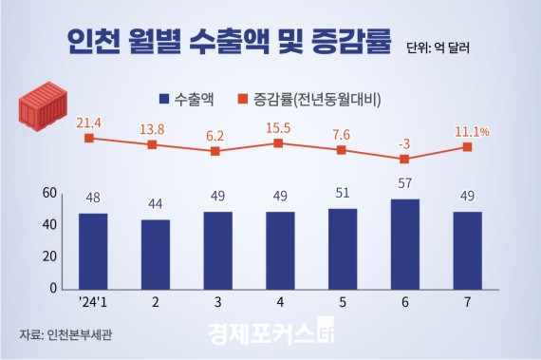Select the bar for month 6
pyautogui.click(x=404, y=243)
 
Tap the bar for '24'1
pyautogui.click(x=92, y=251)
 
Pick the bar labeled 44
pyautogui.click(x=155, y=254)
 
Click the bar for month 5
pyautogui.click(x=343, y=248)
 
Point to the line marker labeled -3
pyautogui.click(x=404, y=159)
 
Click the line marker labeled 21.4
pyautogui.click(x=88, y=138)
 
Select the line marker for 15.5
pyautogui.click(x=278, y=142)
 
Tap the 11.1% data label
pyautogui.click(x=472, y=131)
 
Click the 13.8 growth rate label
pyautogui.click(x=152, y=128)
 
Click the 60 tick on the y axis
pyautogui.click(x=49, y=193)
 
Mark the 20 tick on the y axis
pyautogui.click(x=49, y=256)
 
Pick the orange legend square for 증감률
pyautogui.click(x=242, y=98)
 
